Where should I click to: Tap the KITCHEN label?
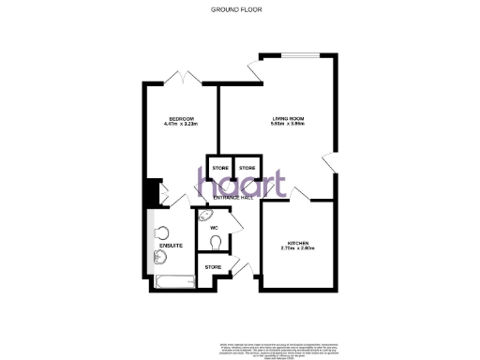point(297,244)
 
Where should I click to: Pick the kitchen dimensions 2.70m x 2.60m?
point(297,250)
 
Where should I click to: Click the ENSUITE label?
point(171,246)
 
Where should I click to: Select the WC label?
point(214,227)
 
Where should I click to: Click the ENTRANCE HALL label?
point(234,198)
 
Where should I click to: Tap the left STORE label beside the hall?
point(219,169)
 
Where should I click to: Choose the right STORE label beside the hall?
point(247,169)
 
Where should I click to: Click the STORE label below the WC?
point(213,268)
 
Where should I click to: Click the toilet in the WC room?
point(218,242)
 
